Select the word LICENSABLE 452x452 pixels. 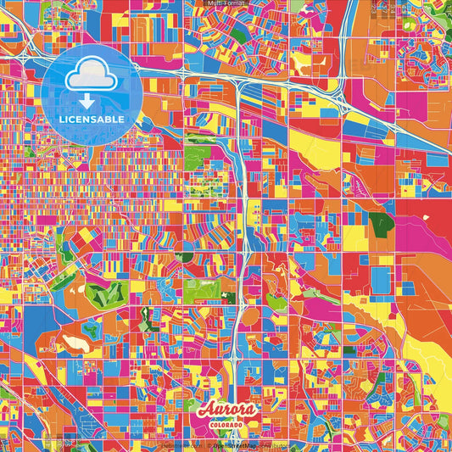coord(92,120)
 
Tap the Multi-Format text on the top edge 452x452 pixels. coord(226,4)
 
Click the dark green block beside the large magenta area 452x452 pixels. coord(381,224)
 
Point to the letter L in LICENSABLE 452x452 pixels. coord(63,120)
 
